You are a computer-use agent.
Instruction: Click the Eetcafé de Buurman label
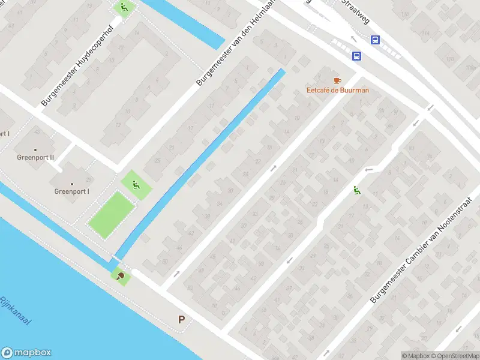pyautogui.click(x=337, y=91)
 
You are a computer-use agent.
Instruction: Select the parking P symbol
pyautogui.click(x=181, y=320)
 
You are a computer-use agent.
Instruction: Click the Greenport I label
pyautogui.click(x=72, y=191)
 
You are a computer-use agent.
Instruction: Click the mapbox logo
pyautogui.click(x=26, y=353)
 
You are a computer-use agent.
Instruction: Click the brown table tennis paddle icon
pyautogui.click(x=121, y=276)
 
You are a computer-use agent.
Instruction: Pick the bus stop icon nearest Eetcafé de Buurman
pyautogui.click(x=356, y=56)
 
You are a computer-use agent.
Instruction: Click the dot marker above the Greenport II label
pyautogui.click(x=35, y=149)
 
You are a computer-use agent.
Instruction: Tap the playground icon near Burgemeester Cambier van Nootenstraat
pyautogui.click(x=357, y=191)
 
